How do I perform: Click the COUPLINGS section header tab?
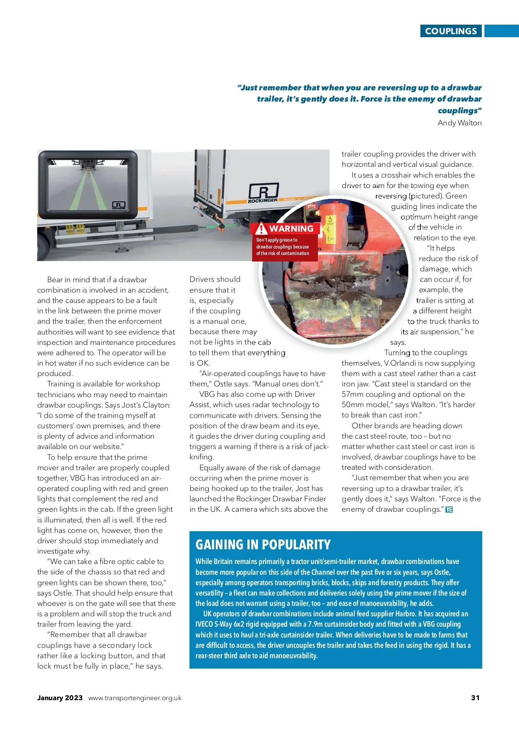click(451, 31)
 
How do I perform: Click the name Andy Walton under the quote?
click(459, 123)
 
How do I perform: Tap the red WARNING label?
click(291, 229)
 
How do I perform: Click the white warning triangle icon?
click(261, 229)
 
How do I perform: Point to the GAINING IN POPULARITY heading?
click(263, 545)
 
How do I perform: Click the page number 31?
click(475, 698)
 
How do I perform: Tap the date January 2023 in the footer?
click(60, 698)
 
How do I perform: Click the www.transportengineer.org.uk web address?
click(135, 698)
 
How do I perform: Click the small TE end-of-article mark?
click(449, 510)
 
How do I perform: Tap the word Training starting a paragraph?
click(61, 384)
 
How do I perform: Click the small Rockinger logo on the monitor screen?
click(119, 205)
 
